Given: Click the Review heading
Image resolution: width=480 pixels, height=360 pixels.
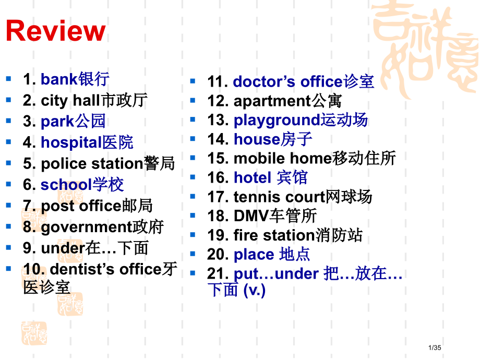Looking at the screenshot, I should (x=55, y=31).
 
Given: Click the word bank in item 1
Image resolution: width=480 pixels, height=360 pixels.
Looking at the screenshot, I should (x=59, y=79).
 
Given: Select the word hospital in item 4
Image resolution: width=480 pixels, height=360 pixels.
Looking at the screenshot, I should (x=71, y=142).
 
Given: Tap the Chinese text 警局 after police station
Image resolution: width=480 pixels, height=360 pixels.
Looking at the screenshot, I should (x=159, y=163).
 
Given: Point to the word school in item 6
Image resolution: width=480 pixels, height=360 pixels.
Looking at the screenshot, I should (x=66, y=185).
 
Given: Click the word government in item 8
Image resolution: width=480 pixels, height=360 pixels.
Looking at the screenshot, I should (x=86, y=227).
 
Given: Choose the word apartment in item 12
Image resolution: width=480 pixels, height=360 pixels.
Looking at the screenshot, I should (x=272, y=101).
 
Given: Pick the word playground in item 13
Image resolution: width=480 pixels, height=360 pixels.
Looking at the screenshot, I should (x=277, y=120).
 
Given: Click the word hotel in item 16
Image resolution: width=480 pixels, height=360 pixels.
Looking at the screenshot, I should (x=253, y=177).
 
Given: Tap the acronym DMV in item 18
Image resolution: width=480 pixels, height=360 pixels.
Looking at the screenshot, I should (x=251, y=215).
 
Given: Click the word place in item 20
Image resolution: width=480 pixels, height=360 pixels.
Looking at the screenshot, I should (x=254, y=254).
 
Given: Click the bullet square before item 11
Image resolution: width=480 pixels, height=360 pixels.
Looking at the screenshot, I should (x=193, y=81).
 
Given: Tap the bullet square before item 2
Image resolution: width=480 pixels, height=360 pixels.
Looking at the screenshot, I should (x=8, y=99).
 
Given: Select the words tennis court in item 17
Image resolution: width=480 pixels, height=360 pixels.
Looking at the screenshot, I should (x=279, y=197).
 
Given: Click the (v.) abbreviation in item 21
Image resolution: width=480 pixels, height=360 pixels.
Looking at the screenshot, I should (x=255, y=290).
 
